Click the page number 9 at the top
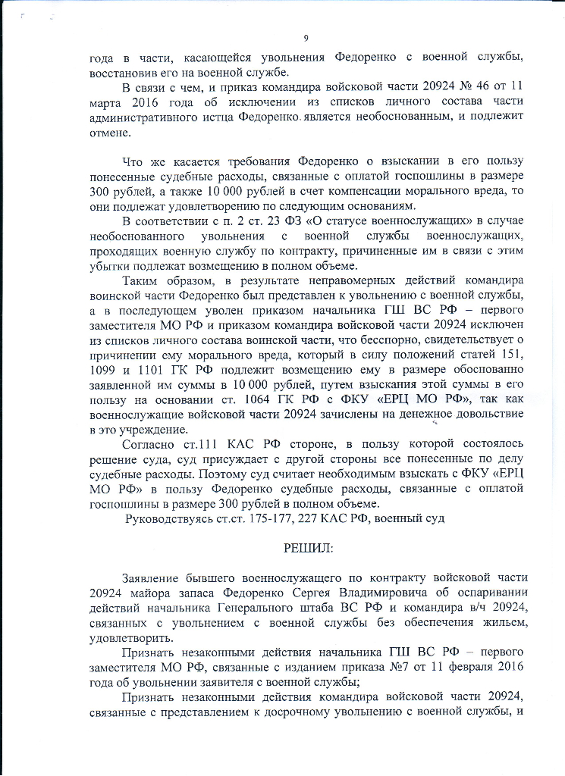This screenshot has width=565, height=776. [305, 39]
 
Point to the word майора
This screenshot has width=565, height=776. [149, 593]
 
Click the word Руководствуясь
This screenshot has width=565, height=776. [168, 519]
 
